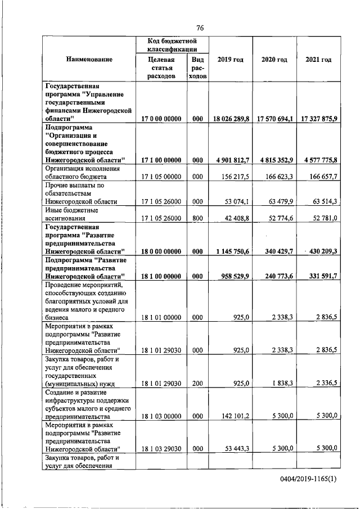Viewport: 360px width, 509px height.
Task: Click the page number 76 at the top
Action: click(x=200, y=28)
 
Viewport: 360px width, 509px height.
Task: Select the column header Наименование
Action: click(x=89, y=60)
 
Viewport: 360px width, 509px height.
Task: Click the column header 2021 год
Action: click(x=318, y=60)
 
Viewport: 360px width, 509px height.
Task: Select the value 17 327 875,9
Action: click(x=318, y=119)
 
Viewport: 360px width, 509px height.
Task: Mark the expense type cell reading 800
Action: click(x=197, y=218)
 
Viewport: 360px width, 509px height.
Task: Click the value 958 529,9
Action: click(x=235, y=276)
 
